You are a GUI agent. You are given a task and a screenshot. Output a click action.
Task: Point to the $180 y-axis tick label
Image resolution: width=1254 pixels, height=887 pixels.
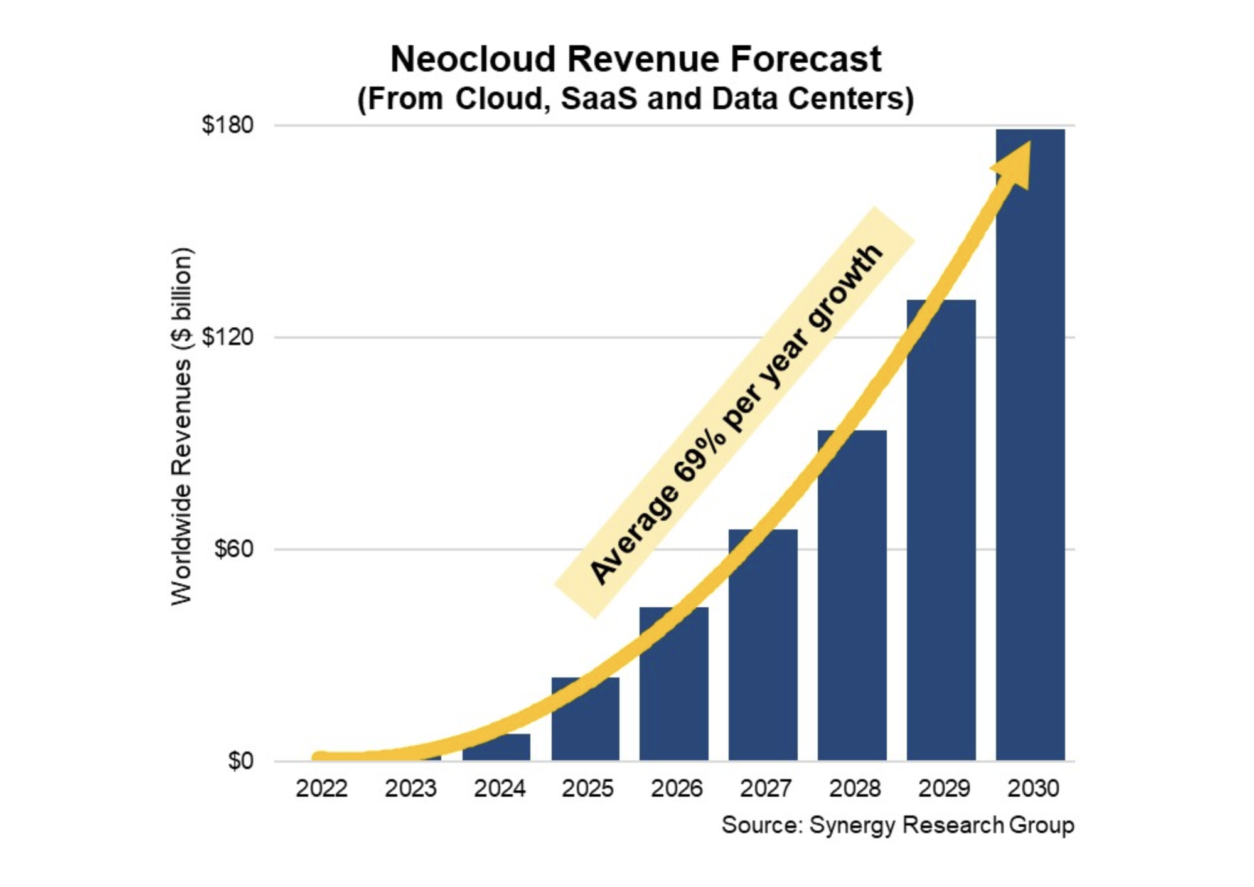click(x=228, y=125)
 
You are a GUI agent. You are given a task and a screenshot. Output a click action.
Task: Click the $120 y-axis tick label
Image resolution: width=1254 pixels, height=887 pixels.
click(x=228, y=337)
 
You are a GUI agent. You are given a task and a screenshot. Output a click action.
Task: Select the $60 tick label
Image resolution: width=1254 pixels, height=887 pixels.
click(x=233, y=550)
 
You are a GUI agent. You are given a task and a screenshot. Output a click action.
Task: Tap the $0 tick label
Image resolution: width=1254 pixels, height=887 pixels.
click(x=240, y=761)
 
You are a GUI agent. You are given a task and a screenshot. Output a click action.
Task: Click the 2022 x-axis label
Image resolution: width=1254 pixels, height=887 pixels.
click(x=321, y=789)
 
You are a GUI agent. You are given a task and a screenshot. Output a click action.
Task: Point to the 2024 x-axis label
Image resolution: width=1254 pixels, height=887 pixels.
click(x=500, y=789)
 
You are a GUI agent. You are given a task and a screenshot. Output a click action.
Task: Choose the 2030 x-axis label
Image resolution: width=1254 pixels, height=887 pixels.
click(x=1033, y=789)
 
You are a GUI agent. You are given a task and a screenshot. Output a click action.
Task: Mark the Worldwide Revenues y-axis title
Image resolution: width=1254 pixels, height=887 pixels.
click(x=181, y=427)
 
